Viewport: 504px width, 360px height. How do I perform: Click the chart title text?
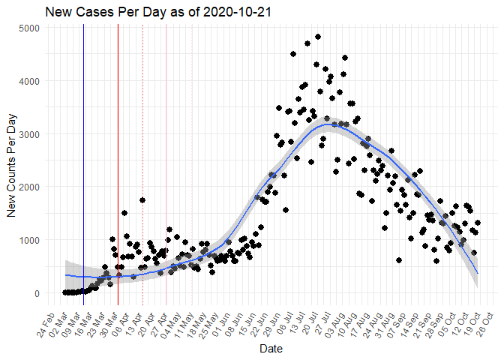coord(157,12)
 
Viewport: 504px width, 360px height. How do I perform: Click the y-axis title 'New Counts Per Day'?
coord(13,161)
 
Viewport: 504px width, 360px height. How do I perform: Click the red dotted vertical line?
coord(142,165)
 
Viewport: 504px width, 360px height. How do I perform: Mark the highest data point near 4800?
coord(318,37)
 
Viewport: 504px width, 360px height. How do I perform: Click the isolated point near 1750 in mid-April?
coord(142,200)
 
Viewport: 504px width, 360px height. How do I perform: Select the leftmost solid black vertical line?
coord(83,165)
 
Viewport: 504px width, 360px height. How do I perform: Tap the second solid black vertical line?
coord(118,165)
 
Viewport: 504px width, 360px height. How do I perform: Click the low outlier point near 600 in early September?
coord(399,260)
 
